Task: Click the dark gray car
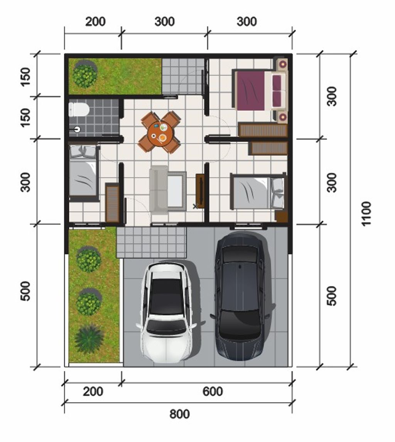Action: click(241, 296)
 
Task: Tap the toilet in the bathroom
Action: click(79, 110)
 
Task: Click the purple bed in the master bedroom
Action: click(259, 91)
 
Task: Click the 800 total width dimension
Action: click(180, 414)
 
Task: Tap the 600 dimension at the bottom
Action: click(213, 391)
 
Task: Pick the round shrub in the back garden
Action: click(85, 74)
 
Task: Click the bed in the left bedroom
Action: click(84, 172)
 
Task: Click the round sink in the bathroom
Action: click(77, 129)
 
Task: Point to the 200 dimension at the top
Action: click(95, 22)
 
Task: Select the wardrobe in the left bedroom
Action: click(112, 202)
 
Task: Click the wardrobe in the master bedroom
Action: click(263, 130)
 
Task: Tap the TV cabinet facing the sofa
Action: click(200, 191)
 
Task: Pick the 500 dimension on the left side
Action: click(25, 291)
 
